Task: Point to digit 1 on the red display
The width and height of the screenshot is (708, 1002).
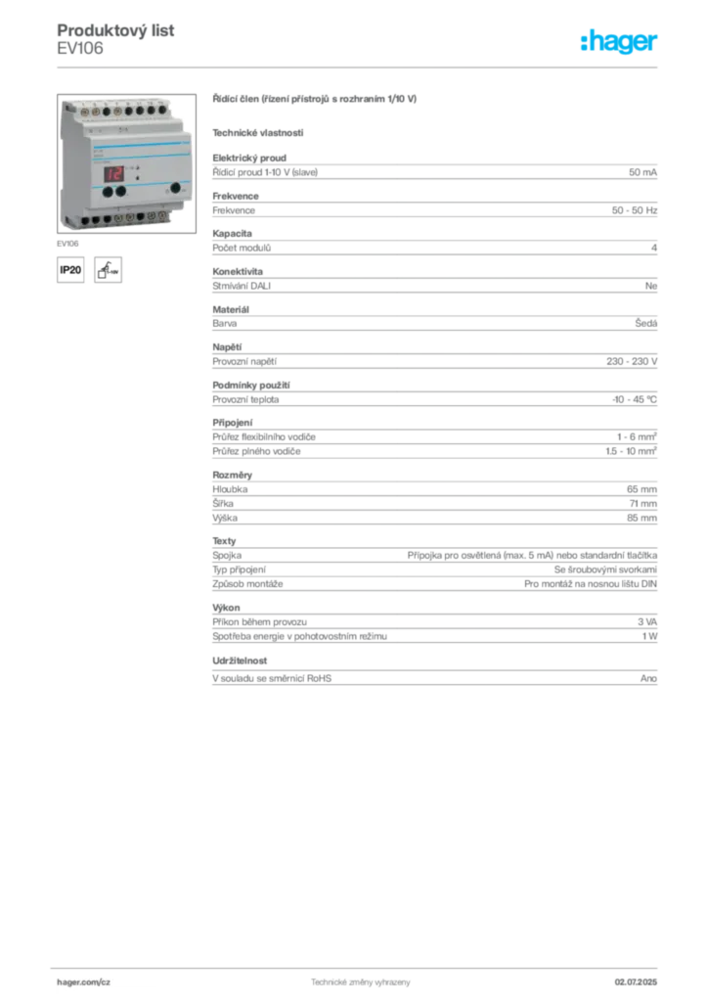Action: (111, 173)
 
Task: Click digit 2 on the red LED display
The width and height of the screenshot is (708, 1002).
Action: (118, 173)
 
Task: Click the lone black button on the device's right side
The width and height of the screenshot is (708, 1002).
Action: (176, 187)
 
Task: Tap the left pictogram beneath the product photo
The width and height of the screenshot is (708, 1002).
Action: (70, 270)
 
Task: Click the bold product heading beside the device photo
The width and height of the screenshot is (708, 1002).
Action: (316, 98)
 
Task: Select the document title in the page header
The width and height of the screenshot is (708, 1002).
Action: (117, 26)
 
